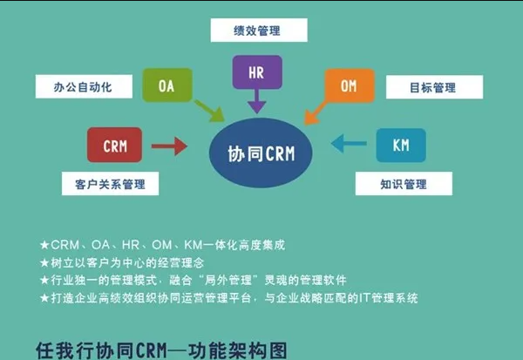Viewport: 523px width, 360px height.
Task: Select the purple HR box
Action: click(x=255, y=72)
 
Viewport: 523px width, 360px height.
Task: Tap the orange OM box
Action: click(x=349, y=85)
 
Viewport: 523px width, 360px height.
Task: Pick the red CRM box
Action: click(x=114, y=145)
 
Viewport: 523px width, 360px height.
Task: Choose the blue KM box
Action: click(x=401, y=145)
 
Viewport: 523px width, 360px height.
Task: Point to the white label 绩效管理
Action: click(x=257, y=31)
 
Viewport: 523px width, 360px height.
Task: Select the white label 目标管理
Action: click(x=432, y=87)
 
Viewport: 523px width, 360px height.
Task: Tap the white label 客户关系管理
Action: click(x=104, y=184)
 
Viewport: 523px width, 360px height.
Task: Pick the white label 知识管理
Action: click(x=403, y=183)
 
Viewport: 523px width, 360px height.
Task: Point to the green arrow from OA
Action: click(x=209, y=111)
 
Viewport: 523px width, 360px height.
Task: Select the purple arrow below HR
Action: click(x=256, y=104)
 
